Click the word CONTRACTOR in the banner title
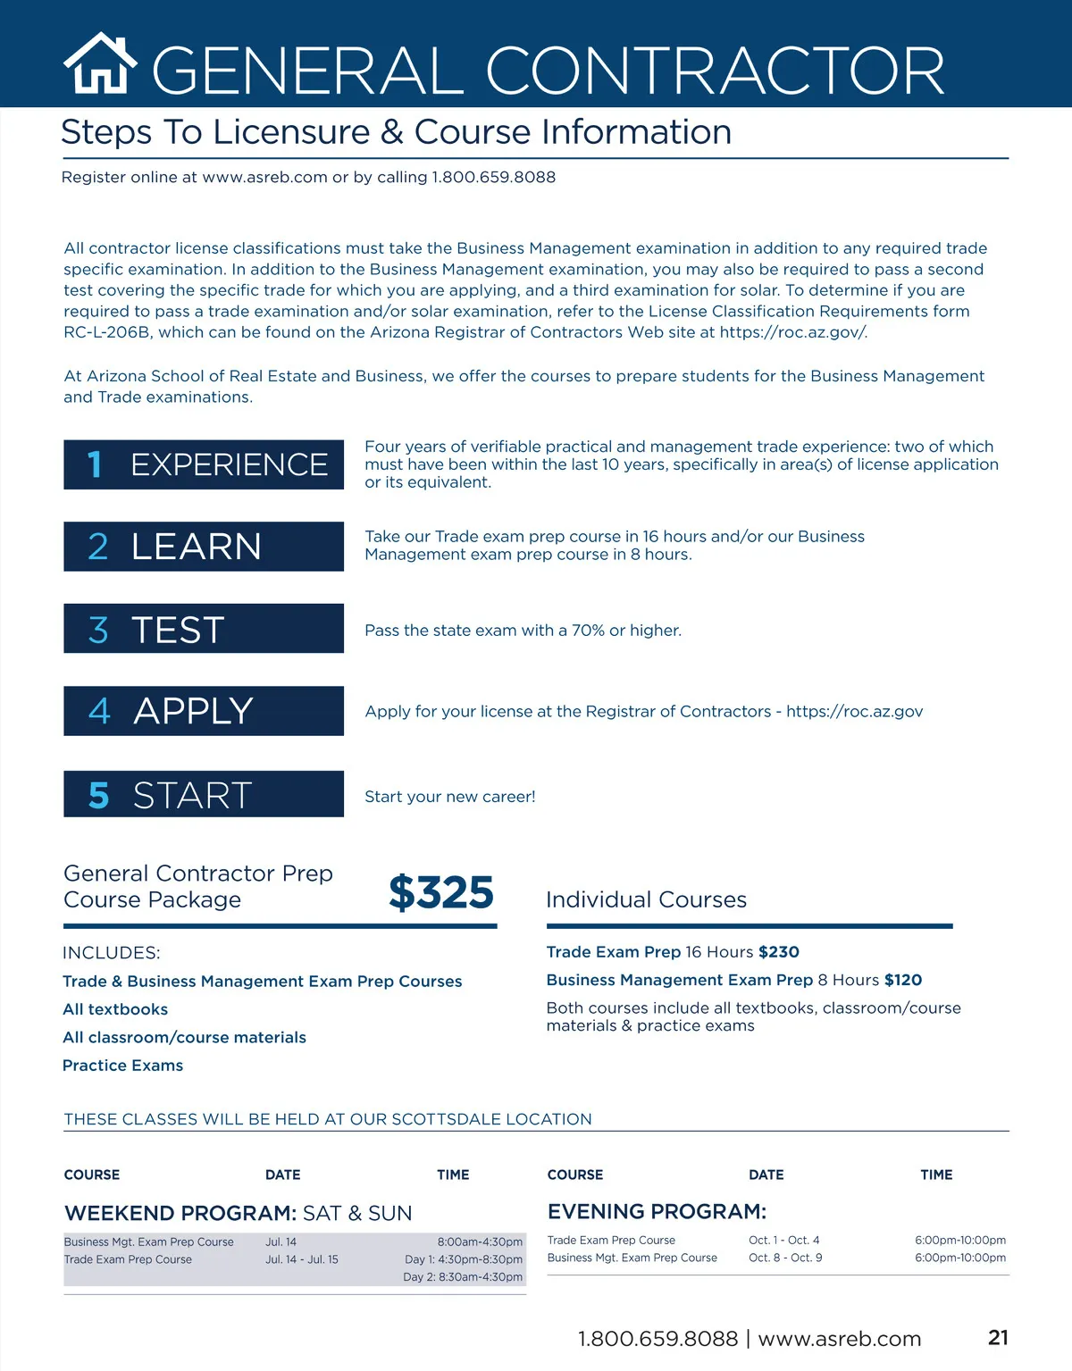(715, 71)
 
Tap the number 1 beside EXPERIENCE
(95, 464)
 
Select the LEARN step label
(197, 547)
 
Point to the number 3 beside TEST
(98, 630)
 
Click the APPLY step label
(193, 711)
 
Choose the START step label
(192, 795)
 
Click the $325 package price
(441, 892)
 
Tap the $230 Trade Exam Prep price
(779, 952)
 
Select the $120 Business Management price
(903, 980)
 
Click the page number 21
(998, 1337)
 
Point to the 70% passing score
(588, 631)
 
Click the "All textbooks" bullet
(115, 1009)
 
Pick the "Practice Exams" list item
(122, 1066)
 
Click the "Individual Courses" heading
(646, 899)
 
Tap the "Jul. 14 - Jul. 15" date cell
(302, 1259)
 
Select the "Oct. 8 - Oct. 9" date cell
(785, 1258)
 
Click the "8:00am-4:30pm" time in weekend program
(480, 1241)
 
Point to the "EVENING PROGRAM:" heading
(657, 1211)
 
